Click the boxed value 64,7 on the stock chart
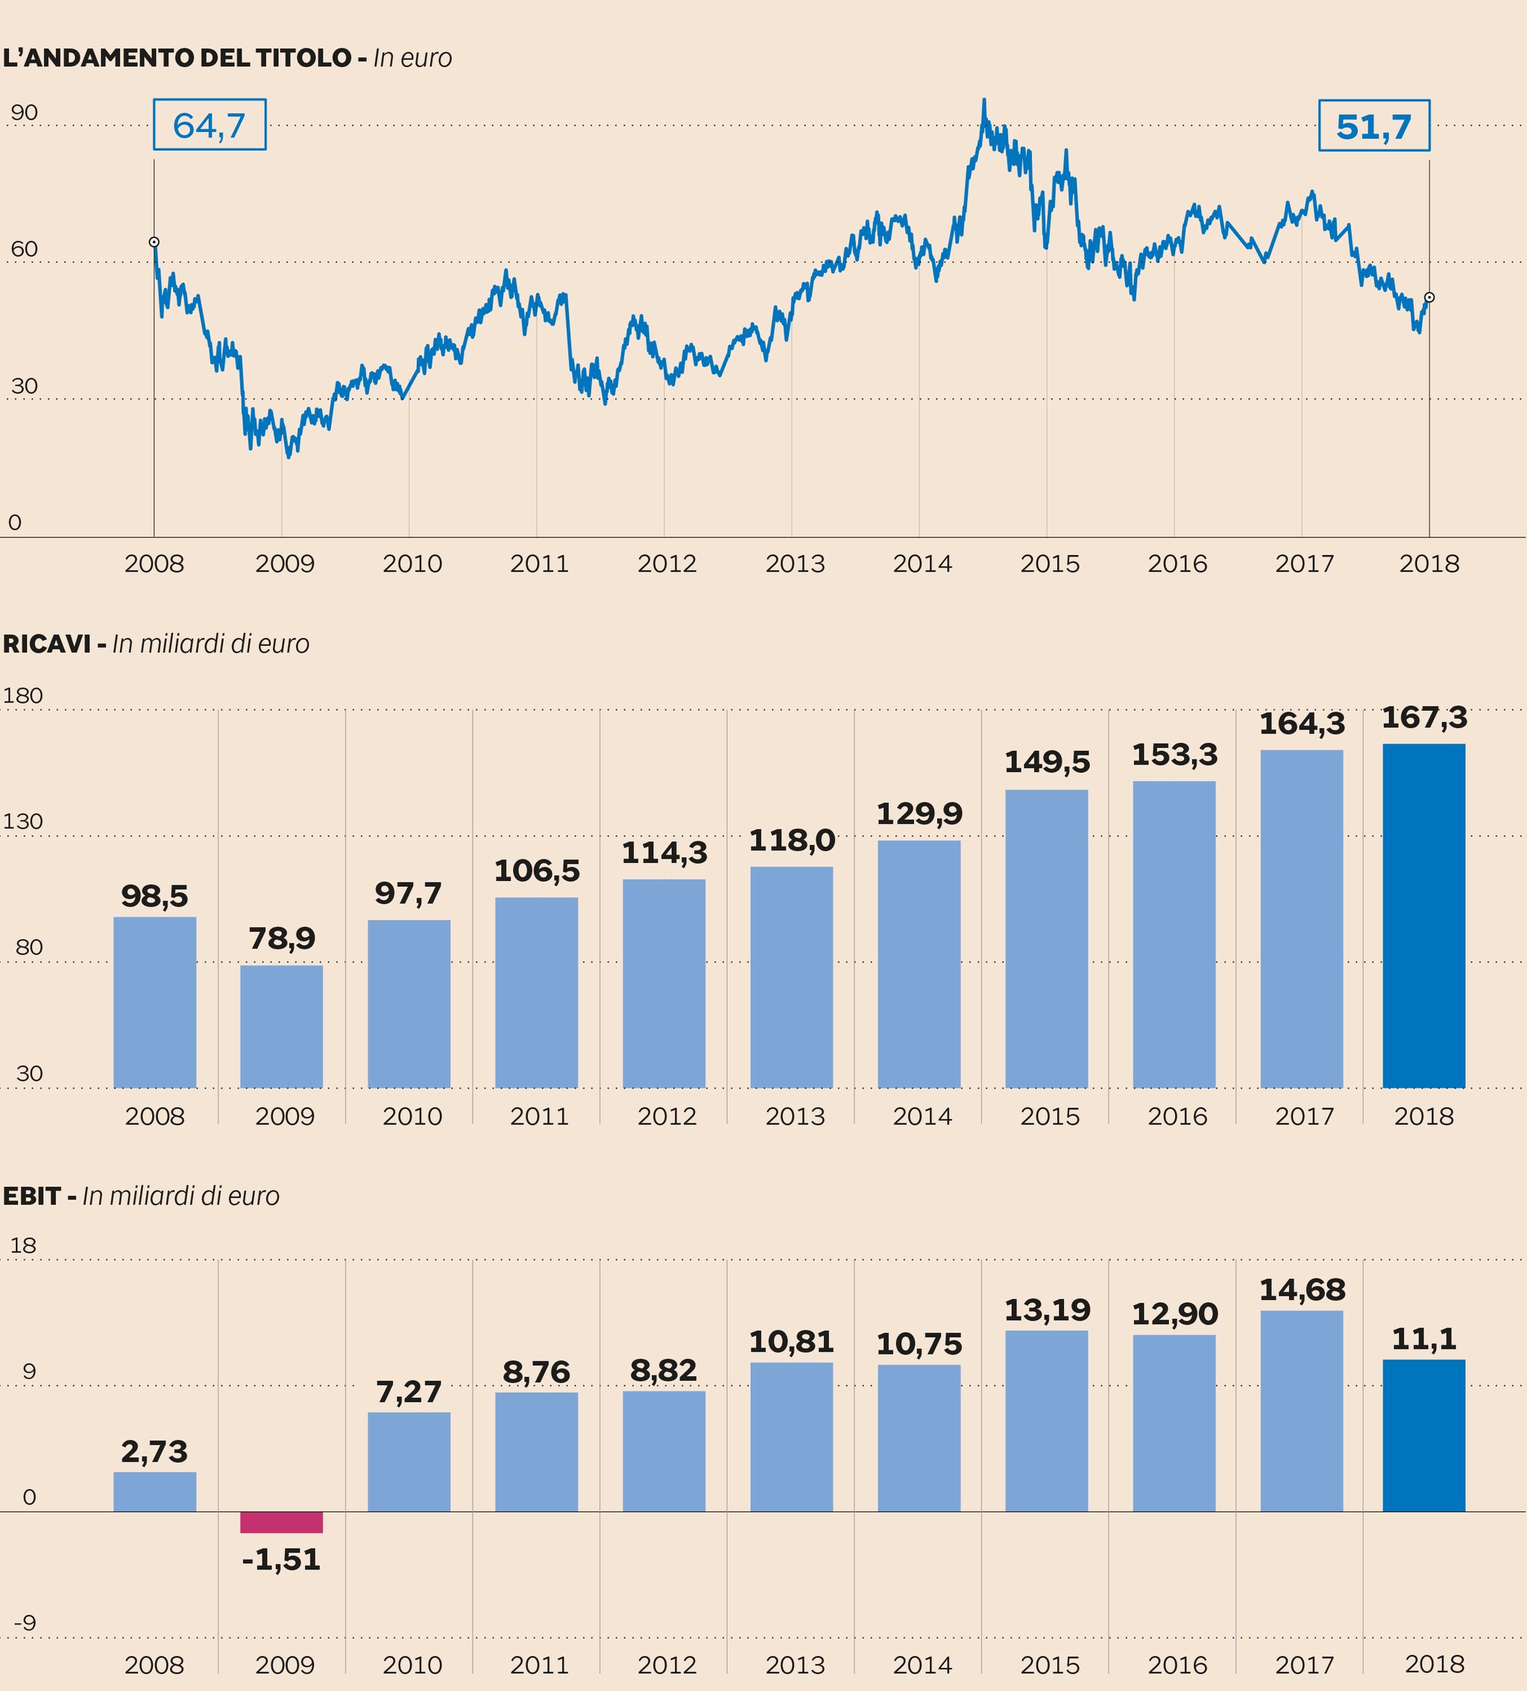point(209,125)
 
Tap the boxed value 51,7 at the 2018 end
point(1373,126)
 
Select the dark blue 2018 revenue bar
point(1423,915)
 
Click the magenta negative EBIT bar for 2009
point(281,1522)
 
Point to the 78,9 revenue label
point(282,938)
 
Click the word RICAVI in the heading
point(46,643)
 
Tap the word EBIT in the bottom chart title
point(32,1195)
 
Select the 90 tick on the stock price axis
point(25,113)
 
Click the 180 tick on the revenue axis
point(22,695)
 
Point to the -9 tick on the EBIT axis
point(25,1622)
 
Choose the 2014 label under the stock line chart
point(922,563)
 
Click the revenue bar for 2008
point(154,1002)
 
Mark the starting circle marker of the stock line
point(154,242)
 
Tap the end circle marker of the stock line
point(1429,297)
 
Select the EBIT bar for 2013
point(791,1436)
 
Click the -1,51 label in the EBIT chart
point(281,1558)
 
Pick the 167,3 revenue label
point(1424,717)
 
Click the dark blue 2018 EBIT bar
point(1423,1435)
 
